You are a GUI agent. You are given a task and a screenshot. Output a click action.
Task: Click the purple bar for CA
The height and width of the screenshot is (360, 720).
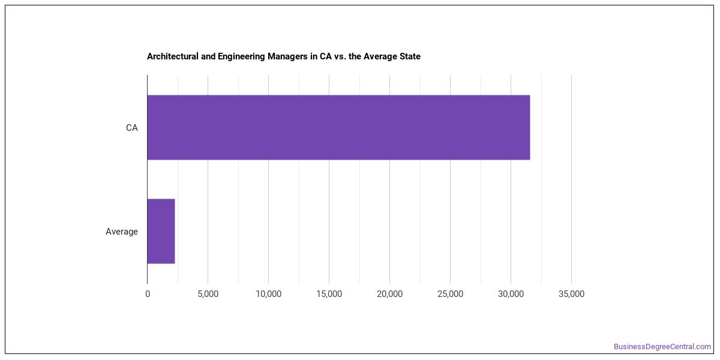point(338,127)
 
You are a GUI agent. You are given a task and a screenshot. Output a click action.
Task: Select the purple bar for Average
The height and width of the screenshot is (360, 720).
point(161,231)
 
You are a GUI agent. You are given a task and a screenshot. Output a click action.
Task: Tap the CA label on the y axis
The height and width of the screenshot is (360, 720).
point(132,128)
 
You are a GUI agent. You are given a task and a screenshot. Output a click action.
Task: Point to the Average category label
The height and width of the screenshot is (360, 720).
point(121,232)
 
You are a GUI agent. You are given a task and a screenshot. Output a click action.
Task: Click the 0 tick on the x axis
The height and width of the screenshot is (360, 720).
point(148,294)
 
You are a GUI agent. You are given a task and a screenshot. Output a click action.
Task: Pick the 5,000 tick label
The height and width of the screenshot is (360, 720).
point(208,294)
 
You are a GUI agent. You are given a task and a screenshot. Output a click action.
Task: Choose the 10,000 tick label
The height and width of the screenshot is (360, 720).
point(268,294)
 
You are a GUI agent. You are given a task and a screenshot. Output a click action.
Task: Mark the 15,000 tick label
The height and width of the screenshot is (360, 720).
point(329,294)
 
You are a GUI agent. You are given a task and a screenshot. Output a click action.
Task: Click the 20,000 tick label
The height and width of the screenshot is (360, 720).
point(389,294)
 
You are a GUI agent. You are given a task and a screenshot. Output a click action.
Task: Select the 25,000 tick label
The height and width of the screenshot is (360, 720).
point(451,294)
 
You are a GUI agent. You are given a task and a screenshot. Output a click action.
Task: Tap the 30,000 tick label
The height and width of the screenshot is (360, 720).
point(511,294)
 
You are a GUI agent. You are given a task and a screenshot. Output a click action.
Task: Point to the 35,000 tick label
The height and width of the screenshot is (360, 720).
point(571,294)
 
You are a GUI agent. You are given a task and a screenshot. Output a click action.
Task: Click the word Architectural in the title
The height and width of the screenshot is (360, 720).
point(173,56)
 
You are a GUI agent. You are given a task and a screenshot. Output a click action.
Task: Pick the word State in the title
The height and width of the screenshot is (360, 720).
point(410,56)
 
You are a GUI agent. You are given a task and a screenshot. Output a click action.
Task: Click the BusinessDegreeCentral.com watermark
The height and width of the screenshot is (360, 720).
point(662,347)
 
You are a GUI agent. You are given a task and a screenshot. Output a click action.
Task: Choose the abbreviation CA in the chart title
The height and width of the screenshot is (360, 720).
point(325,56)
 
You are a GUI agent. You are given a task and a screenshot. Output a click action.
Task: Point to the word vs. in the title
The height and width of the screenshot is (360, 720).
point(340,57)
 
